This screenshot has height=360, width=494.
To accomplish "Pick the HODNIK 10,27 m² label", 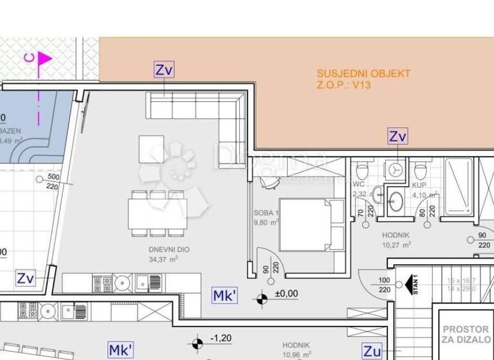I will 396,239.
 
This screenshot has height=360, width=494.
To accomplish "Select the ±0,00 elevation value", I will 287,293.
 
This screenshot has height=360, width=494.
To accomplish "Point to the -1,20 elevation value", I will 223,338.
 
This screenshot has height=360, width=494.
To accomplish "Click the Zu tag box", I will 372,351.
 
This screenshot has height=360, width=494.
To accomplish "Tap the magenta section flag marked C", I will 44,59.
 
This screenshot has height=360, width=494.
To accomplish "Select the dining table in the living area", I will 158,213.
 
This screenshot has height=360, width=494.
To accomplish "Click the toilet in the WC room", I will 362,171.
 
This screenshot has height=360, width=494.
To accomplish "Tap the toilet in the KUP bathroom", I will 420,171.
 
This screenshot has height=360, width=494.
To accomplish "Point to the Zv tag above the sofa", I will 164,70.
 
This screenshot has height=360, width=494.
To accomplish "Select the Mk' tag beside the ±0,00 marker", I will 225,296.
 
